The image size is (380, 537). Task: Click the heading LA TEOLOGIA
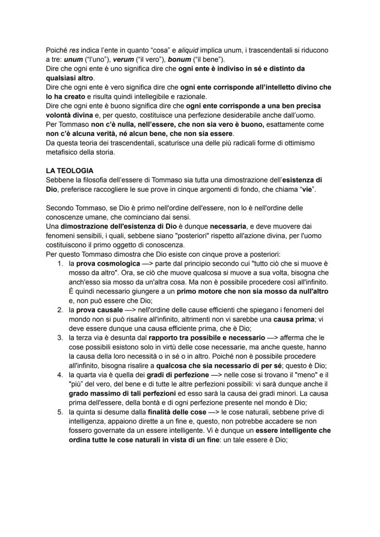click(x=69, y=170)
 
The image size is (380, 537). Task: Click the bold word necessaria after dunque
click(x=229, y=226)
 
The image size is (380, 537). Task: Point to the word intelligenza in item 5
click(x=89, y=421)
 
